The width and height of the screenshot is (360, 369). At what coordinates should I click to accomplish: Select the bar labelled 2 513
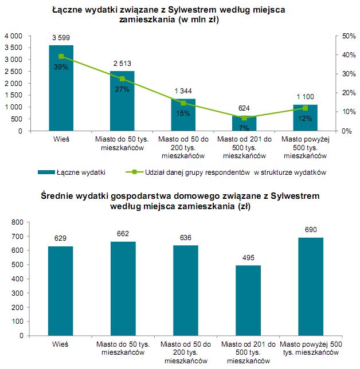(122, 101)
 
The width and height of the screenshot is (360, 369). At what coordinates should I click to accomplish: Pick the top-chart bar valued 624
(244, 123)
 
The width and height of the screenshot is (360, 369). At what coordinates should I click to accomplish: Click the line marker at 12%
(305, 108)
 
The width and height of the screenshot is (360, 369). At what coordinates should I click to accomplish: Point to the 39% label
(61, 67)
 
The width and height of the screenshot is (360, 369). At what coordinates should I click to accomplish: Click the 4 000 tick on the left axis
(13, 36)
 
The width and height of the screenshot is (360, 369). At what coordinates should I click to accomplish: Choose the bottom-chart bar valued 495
(248, 301)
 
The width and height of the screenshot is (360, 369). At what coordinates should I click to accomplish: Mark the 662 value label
(123, 234)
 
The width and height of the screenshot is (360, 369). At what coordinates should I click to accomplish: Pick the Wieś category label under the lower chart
(60, 344)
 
